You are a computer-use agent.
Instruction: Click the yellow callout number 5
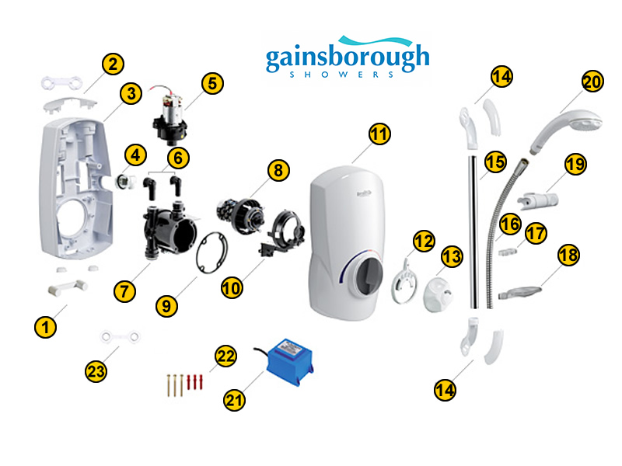pyautogui.click(x=212, y=84)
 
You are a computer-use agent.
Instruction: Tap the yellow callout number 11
pyautogui.click(x=379, y=134)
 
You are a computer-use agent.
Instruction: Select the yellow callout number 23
pyautogui.click(x=96, y=371)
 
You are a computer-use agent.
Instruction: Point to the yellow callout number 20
pyautogui.click(x=592, y=82)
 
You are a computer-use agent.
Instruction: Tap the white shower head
pyautogui.click(x=565, y=130)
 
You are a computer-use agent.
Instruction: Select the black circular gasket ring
pyautogui.click(x=211, y=253)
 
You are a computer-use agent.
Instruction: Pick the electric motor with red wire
pyautogui.click(x=169, y=116)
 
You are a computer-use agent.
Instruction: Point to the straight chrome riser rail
pyautogui.click(x=473, y=231)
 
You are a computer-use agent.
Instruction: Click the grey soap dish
pyautogui.click(x=519, y=293)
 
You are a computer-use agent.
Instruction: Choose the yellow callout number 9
pyautogui.click(x=166, y=306)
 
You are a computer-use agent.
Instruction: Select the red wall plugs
pyautogui.click(x=195, y=382)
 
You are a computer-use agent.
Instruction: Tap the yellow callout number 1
pyautogui.click(x=45, y=327)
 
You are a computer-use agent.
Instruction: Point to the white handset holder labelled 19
pyautogui.click(x=538, y=200)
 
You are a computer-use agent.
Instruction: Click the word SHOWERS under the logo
pyautogui.click(x=341, y=75)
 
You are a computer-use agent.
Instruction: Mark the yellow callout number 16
pyautogui.click(x=510, y=224)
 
